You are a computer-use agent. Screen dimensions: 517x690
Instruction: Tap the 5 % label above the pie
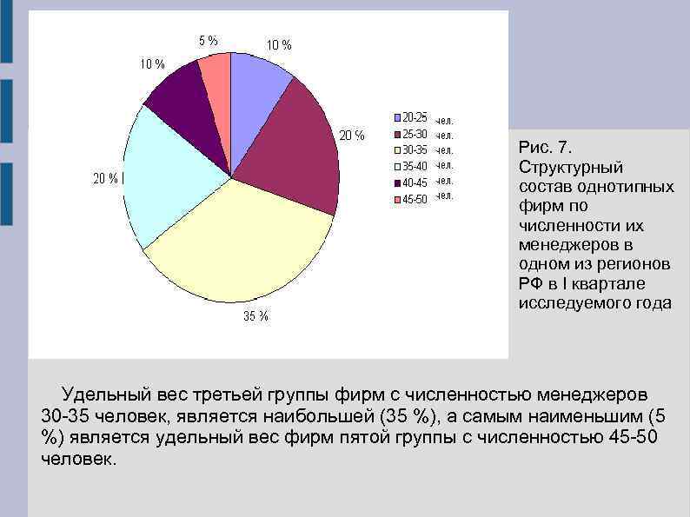point(208,39)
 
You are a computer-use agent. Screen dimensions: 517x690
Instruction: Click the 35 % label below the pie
point(255,316)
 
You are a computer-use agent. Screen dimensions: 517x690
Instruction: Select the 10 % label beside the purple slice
point(151,63)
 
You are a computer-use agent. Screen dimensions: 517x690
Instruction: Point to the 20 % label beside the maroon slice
point(351,135)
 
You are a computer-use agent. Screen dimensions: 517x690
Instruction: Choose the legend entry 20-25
point(415,117)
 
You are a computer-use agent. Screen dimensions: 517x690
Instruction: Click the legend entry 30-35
point(415,150)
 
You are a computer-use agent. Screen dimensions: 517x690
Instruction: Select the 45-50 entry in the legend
point(415,200)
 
